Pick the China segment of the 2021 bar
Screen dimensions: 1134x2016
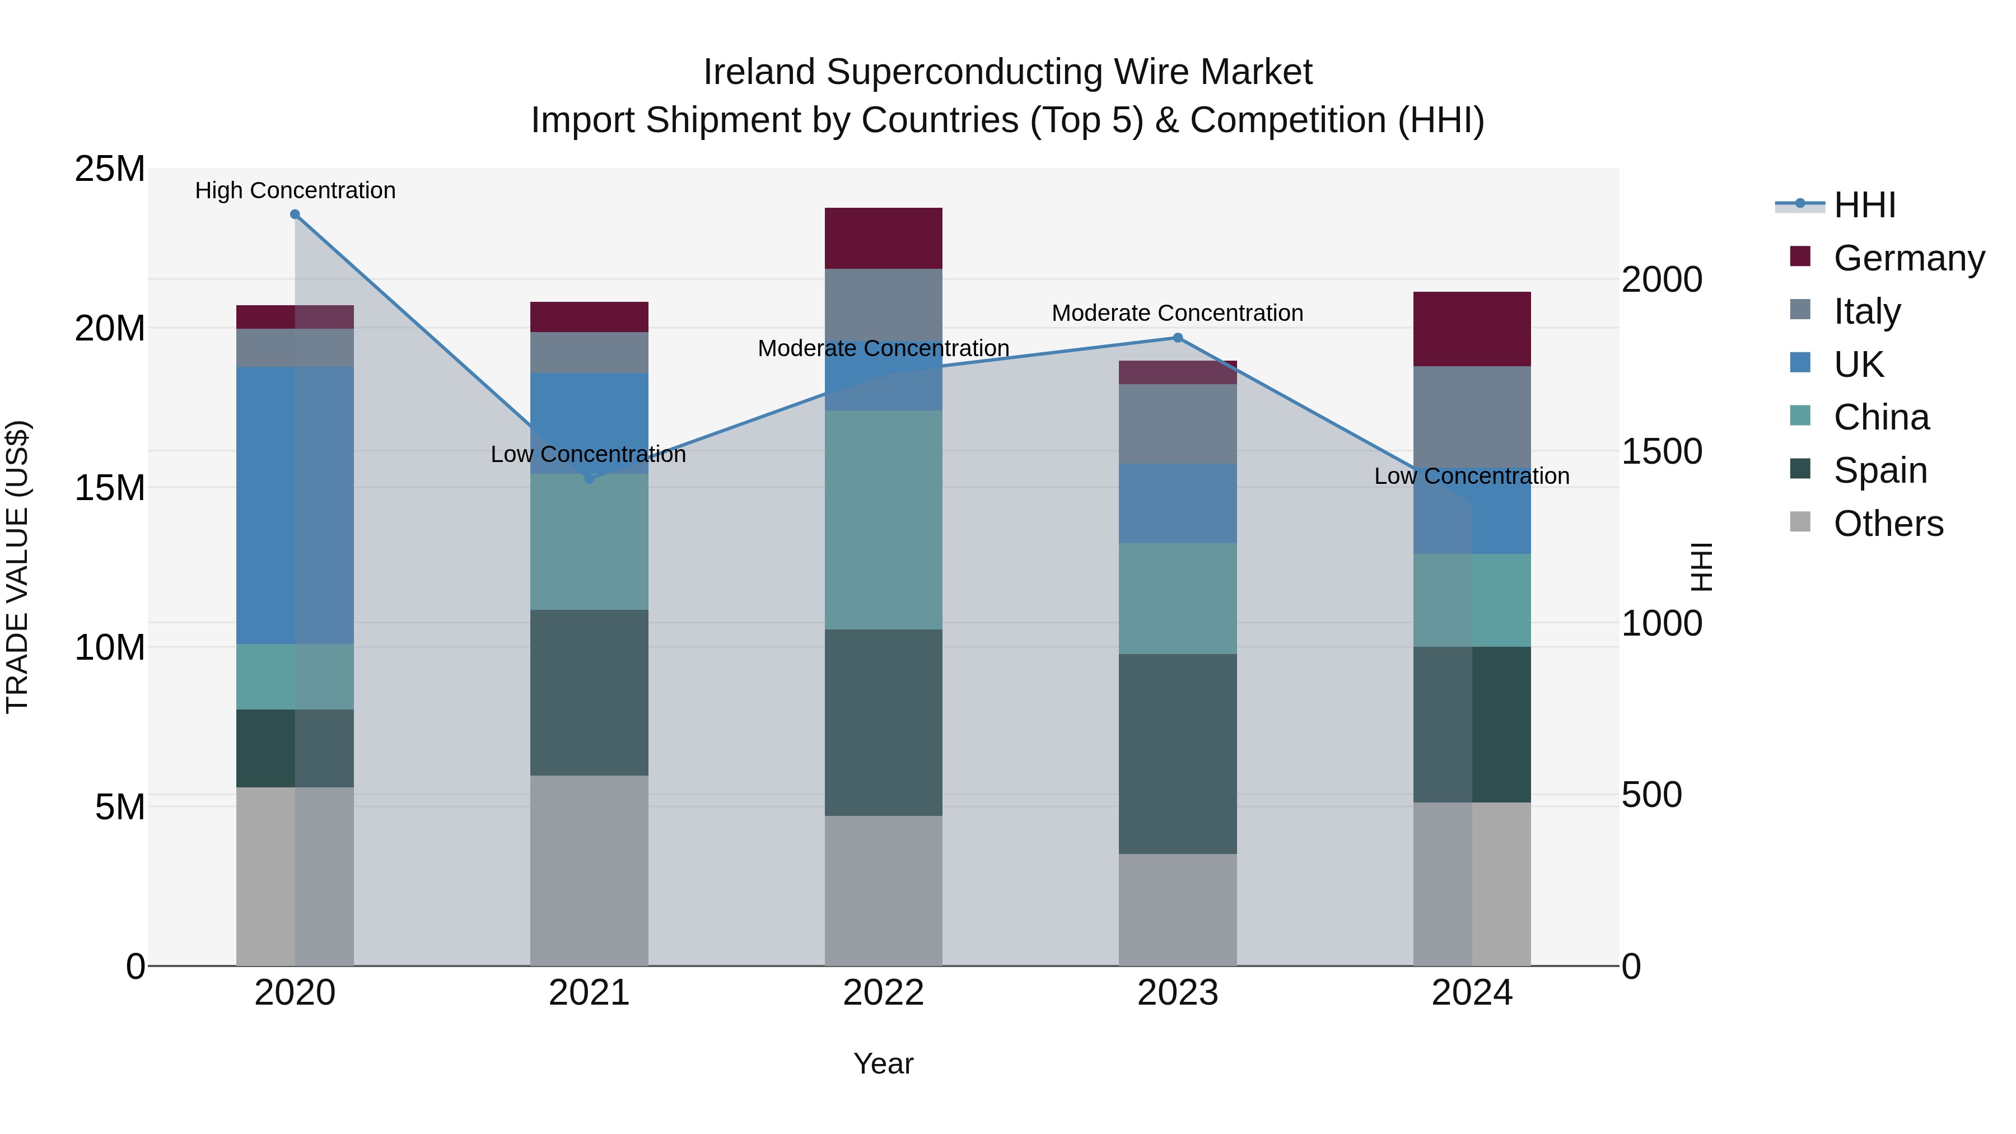(x=589, y=542)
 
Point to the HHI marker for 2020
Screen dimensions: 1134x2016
(x=295, y=214)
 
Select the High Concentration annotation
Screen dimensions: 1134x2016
(x=295, y=190)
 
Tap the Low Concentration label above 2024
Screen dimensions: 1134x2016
(x=1471, y=476)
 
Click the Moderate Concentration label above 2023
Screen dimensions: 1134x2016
(x=1177, y=313)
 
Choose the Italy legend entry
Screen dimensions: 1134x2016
(x=1866, y=311)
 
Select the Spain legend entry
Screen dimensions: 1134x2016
(x=1880, y=470)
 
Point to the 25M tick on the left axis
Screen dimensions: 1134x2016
(x=110, y=169)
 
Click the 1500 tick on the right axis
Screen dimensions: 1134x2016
(x=1662, y=451)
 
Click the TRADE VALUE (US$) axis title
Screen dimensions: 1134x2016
(x=18, y=567)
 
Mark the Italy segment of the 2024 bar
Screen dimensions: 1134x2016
(x=1471, y=416)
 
